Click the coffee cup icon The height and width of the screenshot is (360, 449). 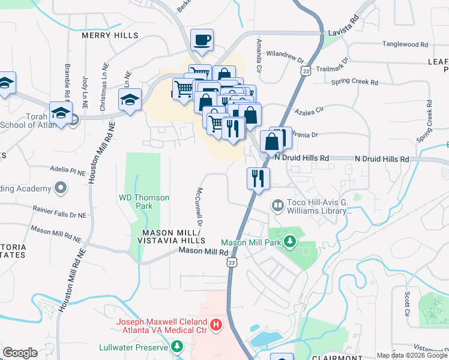click(202, 40)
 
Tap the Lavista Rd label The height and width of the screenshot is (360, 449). click(343, 34)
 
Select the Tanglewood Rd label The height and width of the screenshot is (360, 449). click(406, 44)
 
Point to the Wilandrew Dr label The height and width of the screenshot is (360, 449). click(286, 57)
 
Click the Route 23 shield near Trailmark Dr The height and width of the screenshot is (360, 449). click(306, 71)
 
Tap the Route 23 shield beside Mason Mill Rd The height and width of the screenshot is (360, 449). click(232, 262)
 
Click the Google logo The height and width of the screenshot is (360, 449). click(20, 352)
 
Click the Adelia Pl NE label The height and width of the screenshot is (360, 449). click(68, 171)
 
